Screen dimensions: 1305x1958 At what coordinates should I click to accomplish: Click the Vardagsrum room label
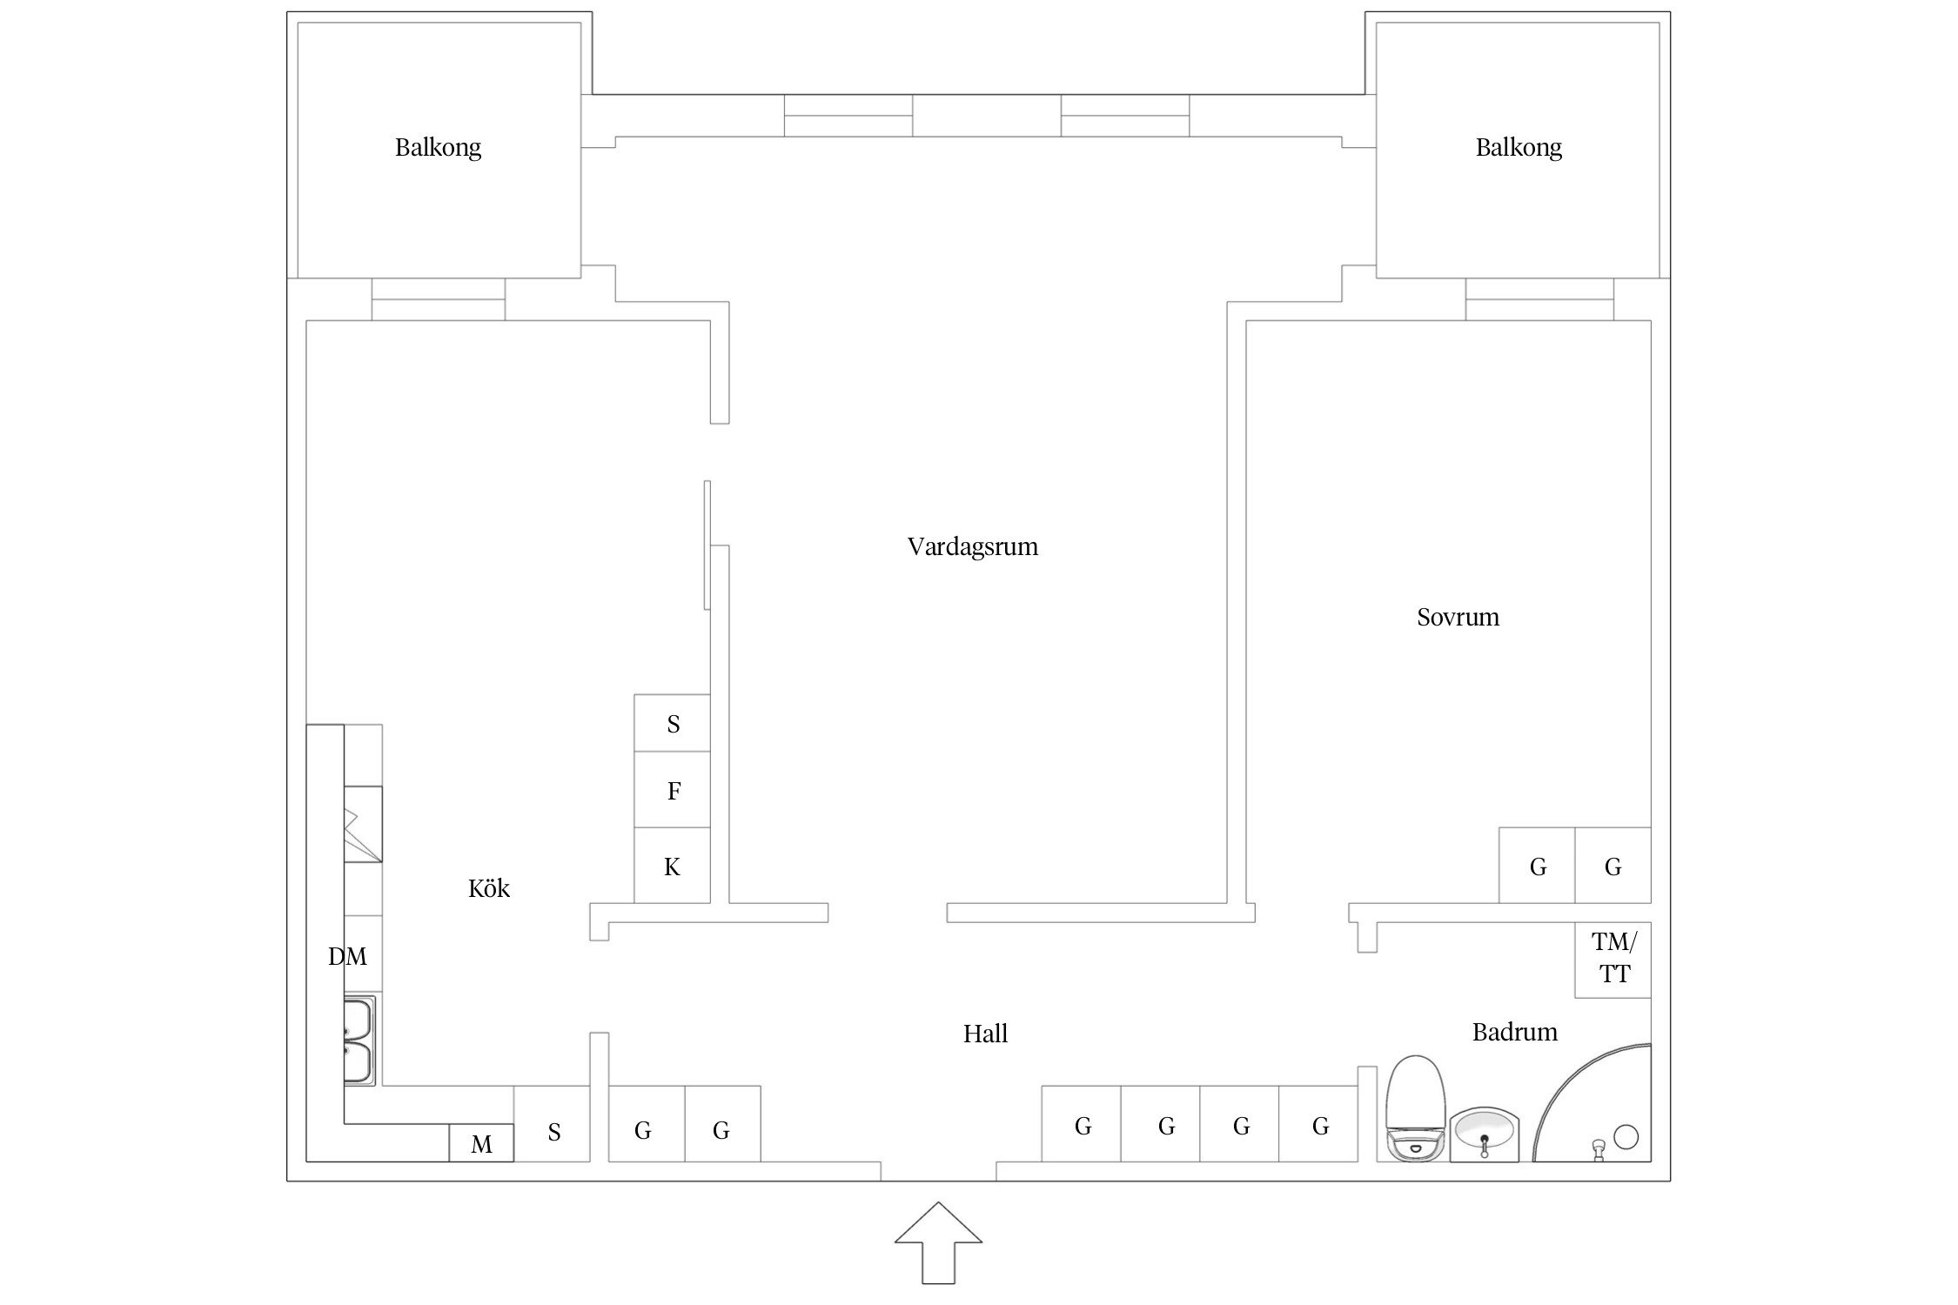[972, 547]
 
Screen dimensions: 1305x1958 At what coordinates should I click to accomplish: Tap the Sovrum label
[1458, 618]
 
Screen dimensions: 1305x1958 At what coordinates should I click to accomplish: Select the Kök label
[488, 888]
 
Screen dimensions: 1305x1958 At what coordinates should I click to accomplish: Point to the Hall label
[985, 1034]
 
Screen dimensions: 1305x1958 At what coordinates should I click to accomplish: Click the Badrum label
[1514, 1033]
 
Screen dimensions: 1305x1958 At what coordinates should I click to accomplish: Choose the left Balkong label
[438, 147]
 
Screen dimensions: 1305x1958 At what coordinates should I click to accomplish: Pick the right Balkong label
[1519, 147]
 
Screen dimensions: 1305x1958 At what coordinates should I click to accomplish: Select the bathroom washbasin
[1484, 1134]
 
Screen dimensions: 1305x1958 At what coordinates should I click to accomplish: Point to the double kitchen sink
[359, 1041]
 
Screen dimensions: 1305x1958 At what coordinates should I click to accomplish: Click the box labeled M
[481, 1144]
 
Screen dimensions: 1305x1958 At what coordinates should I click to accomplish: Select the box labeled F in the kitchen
[673, 790]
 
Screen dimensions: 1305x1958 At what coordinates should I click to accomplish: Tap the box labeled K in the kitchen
[672, 867]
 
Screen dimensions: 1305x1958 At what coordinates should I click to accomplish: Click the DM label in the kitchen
[347, 957]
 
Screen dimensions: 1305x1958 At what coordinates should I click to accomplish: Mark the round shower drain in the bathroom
[1626, 1136]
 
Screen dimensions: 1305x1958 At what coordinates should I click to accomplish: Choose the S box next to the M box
[553, 1132]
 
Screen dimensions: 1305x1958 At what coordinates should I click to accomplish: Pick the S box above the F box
[673, 724]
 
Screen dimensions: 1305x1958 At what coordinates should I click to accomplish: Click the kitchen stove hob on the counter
[363, 824]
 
